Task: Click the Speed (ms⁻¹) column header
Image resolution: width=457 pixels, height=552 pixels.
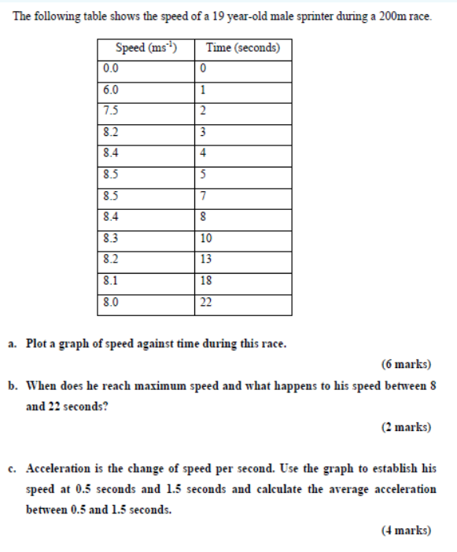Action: pyautogui.click(x=146, y=49)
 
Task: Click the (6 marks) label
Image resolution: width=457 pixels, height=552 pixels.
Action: pyautogui.click(x=406, y=364)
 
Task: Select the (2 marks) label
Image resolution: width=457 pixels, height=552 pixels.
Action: pyautogui.click(x=406, y=427)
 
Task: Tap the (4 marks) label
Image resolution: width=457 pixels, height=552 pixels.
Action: pyautogui.click(x=406, y=530)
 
